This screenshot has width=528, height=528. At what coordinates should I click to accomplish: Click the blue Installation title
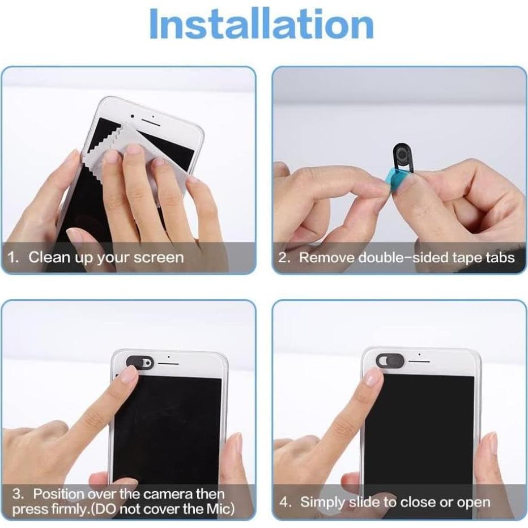(x=262, y=25)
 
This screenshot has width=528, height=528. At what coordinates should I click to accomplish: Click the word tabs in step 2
(x=499, y=258)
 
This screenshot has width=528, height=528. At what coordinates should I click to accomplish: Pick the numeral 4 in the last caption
(x=284, y=503)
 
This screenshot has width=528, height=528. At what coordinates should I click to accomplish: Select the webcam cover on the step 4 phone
(x=390, y=359)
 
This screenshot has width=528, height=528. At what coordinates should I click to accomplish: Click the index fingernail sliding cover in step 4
(x=373, y=376)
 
